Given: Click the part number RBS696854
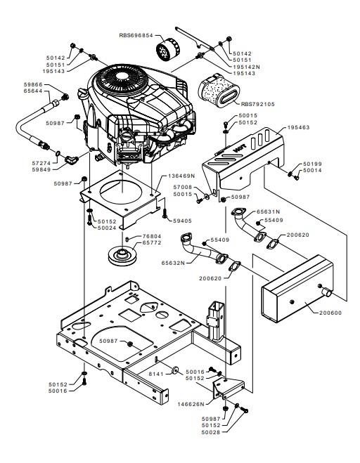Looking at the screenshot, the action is point(136,35).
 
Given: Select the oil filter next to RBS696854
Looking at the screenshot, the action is point(167,51).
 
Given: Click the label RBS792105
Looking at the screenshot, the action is point(258,104).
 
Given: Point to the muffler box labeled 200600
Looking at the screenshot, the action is point(297,289).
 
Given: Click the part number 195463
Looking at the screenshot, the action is point(299,127).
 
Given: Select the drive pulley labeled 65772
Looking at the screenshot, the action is point(122,255).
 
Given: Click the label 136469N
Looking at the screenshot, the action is point(181,176).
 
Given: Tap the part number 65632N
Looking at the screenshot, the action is point(172,263).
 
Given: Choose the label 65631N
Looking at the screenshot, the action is point(268,211).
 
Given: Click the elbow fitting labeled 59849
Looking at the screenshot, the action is point(72,161).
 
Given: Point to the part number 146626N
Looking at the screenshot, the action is point(191,404).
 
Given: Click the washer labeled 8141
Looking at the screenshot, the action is point(176,370).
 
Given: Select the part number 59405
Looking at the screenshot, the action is point(183,221).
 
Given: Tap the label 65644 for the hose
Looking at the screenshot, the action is point(33,91).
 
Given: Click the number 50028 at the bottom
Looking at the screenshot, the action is point(211,432).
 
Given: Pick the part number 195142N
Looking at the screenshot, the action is point(247,67).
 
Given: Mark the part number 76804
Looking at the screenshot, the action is point(152,236).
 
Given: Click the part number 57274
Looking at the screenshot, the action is point(41,163).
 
